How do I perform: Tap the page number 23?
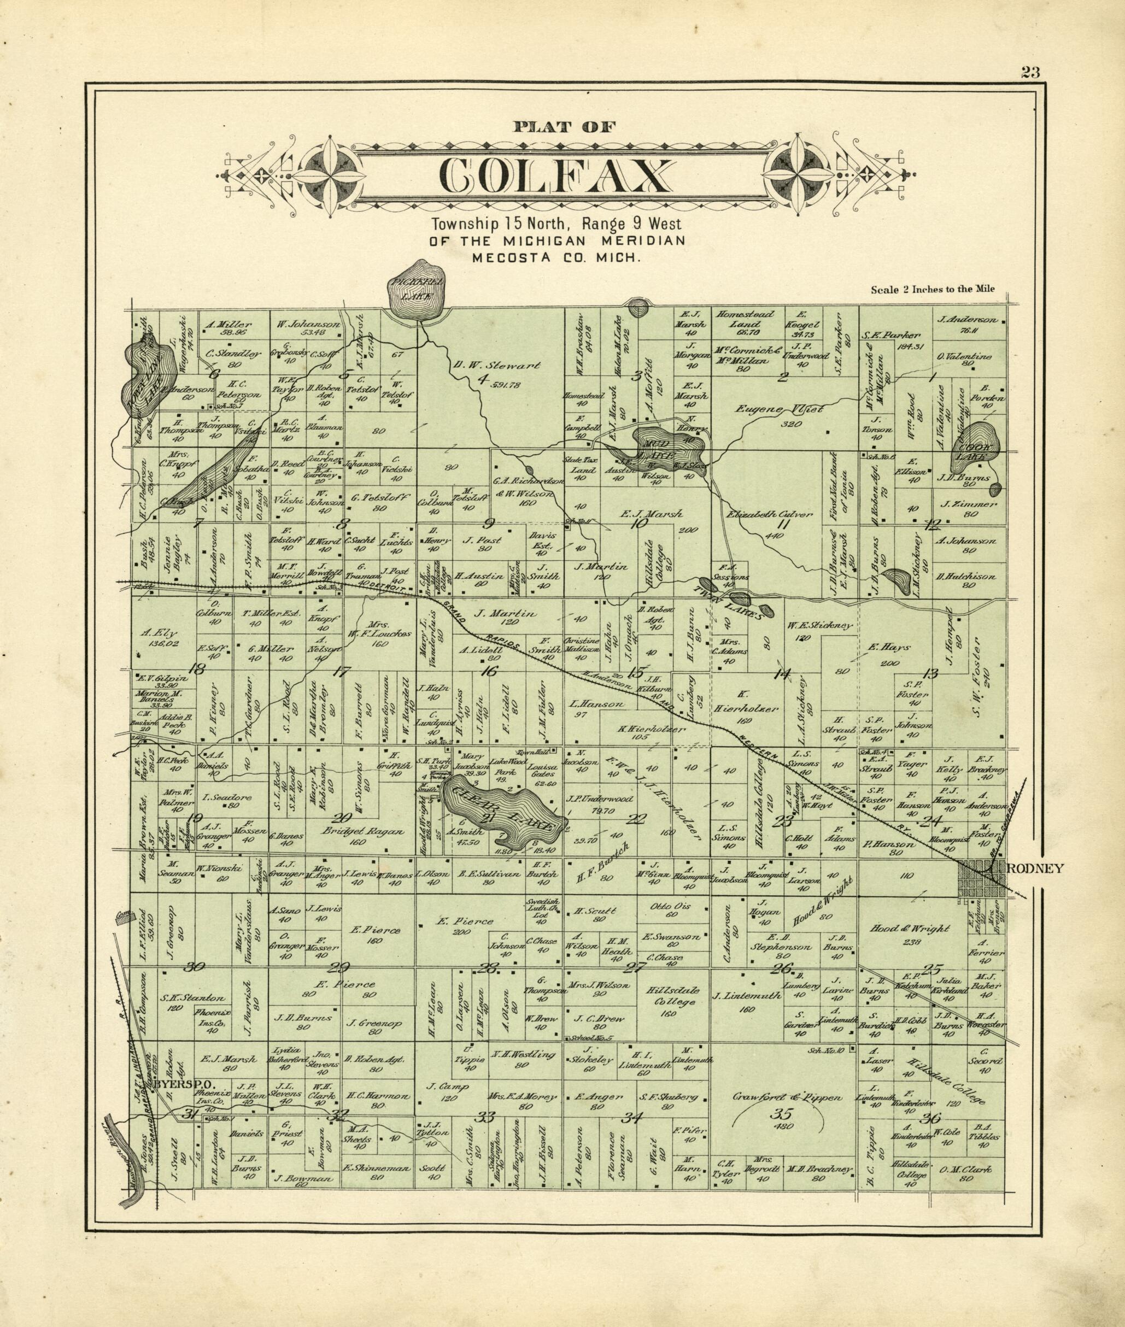coord(1030,72)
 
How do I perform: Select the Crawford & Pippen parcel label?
coord(788,1097)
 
